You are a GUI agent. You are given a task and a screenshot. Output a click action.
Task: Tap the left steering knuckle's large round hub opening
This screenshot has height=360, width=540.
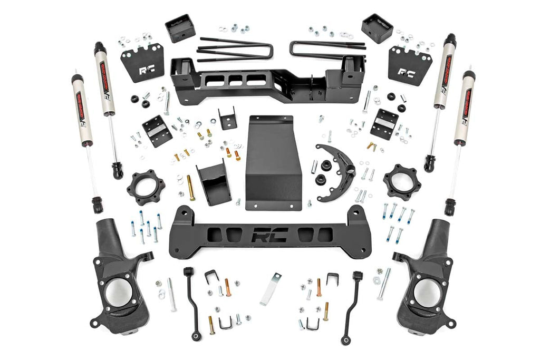(x=117, y=293)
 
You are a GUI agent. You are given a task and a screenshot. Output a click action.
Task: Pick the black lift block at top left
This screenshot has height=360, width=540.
(x=180, y=28)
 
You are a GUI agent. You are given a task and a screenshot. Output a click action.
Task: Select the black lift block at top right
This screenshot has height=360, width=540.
(x=377, y=28)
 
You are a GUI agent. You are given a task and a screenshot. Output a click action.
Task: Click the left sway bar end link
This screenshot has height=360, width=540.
(x=193, y=303)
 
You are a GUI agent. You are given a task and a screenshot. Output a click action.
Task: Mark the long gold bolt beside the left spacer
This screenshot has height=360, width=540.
(x=190, y=188)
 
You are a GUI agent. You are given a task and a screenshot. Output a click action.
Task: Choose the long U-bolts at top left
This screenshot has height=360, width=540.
(x=235, y=49)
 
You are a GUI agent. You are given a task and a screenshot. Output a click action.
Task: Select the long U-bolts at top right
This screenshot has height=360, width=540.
(x=327, y=49)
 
